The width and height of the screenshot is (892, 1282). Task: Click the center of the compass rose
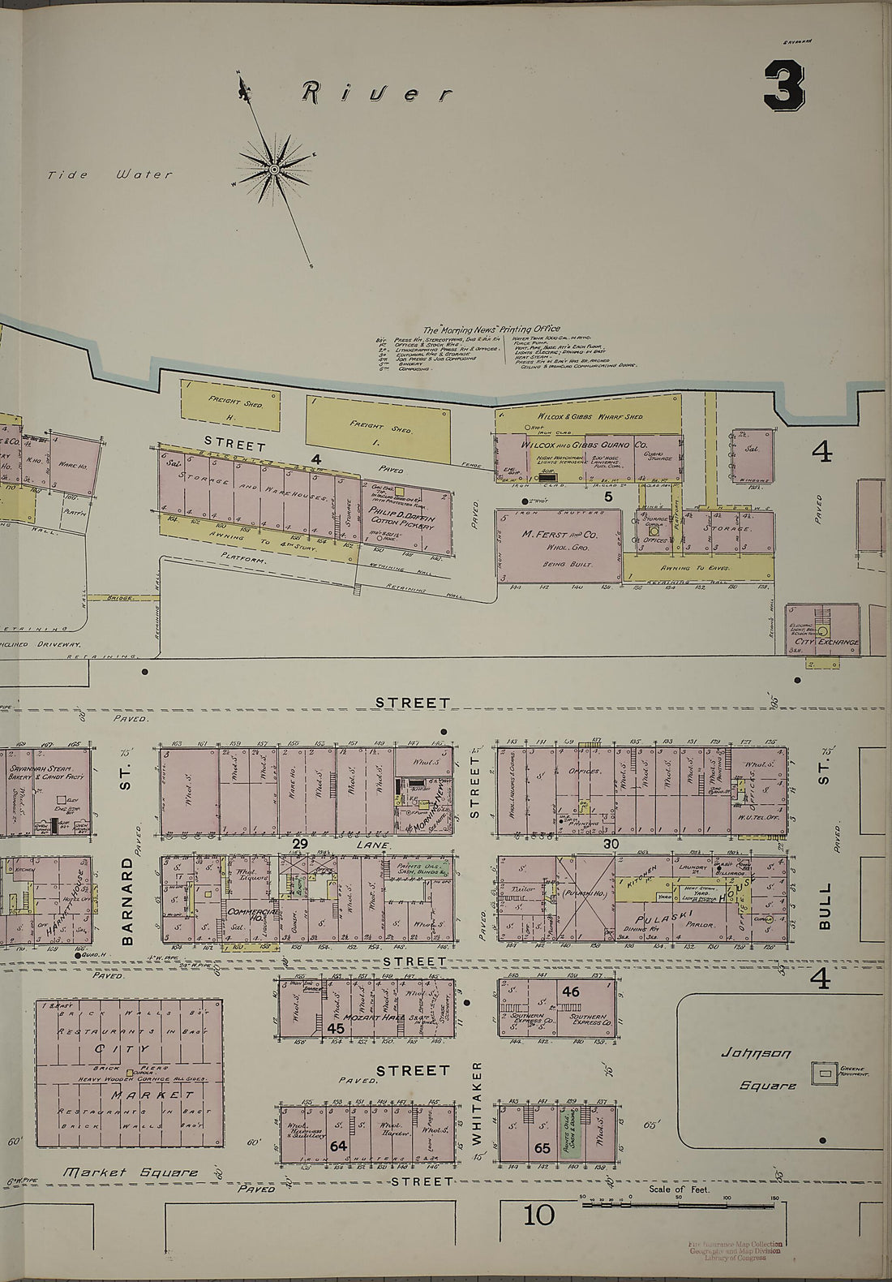274,170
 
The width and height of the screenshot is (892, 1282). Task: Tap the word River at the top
376,94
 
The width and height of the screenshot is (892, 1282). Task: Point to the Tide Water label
109,174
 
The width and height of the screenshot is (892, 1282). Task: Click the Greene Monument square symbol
826,1073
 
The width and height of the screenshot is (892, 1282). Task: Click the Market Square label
131,1172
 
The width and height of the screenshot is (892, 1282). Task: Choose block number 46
571,992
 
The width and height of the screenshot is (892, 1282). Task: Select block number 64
338,1146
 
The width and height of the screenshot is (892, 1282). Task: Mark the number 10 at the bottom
538,1215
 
